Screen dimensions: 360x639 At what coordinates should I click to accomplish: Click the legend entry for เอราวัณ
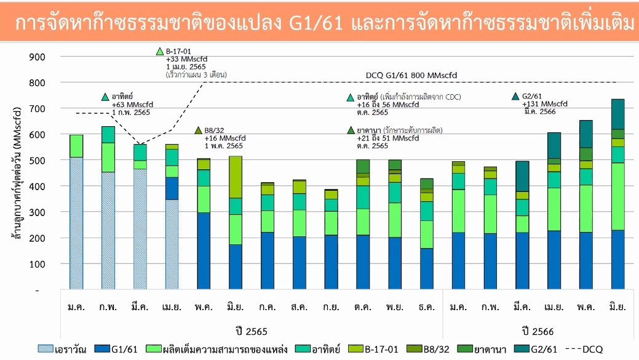[x=62, y=350]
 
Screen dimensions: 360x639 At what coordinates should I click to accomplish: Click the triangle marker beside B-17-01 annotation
[x=160, y=51]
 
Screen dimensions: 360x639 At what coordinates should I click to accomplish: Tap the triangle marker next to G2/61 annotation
[x=515, y=97]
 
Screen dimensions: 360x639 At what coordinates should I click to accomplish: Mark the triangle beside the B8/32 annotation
[x=198, y=130]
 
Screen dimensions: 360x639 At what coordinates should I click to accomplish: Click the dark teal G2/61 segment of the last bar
[x=618, y=114]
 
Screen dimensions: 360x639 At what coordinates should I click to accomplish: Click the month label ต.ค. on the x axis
[x=362, y=306]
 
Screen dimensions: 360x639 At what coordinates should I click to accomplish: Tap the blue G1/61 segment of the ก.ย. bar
[x=331, y=262]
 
